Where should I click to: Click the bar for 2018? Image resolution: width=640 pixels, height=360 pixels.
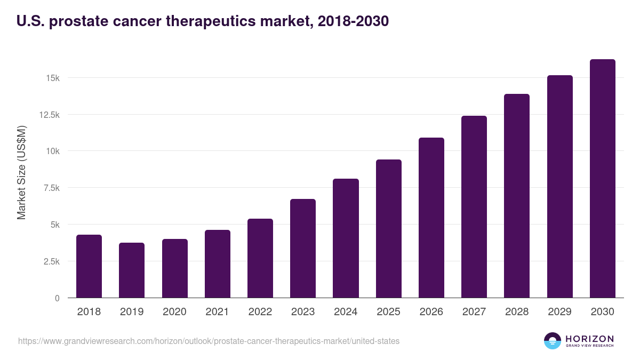(89, 266)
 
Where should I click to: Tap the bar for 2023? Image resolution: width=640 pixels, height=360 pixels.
(303, 248)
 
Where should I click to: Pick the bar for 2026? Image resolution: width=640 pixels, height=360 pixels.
(431, 218)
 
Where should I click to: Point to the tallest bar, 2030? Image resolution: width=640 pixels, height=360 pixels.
(602, 178)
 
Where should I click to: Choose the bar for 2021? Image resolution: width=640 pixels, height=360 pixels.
(218, 263)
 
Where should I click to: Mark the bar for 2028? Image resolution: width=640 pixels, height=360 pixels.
(517, 196)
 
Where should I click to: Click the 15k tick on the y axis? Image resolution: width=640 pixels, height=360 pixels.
(52, 78)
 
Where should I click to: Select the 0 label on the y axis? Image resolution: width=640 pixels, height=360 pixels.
(57, 298)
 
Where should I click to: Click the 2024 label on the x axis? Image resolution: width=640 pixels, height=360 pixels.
(346, 312)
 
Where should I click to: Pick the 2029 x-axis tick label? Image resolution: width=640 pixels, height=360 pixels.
(559, 312)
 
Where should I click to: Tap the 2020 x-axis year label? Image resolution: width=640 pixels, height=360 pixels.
(174, 312)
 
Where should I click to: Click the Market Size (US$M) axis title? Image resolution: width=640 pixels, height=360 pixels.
(21, 173)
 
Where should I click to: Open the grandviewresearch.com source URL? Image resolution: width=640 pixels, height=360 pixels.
(209, 341)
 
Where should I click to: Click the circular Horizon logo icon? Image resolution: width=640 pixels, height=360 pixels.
(553, 341)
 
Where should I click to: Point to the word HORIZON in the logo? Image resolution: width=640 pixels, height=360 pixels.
(589, 338)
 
